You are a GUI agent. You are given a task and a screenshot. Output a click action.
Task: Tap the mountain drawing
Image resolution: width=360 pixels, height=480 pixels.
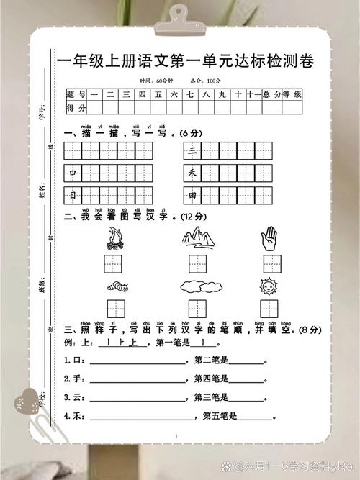pyautogui.click(x=195, y=235)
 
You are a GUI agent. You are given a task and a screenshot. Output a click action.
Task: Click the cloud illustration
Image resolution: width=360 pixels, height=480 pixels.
pyautogui.click(x=195, y=286)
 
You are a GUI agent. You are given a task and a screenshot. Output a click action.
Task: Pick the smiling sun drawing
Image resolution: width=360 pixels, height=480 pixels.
pyautogui.click(x=268, y=286)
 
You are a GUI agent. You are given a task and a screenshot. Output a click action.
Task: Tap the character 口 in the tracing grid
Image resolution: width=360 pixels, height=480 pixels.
pyautogui.click(x=73, y=173)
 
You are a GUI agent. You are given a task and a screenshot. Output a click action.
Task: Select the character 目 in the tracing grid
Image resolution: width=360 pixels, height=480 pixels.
pyautogui.click(x=73, y=196)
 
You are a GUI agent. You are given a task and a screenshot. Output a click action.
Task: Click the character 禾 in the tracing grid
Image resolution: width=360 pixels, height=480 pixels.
pyautogui.click(x=192, y=173)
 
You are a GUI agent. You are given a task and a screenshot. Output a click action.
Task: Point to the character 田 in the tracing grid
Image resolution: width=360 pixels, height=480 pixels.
pyautogui.click(x=192, y=196)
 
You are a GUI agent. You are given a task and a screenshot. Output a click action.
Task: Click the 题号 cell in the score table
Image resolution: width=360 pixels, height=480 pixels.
pyautogui.click(x=76, y=94)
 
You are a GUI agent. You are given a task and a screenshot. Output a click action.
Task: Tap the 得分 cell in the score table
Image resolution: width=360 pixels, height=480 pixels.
pyautogui.click(x=76, y=108)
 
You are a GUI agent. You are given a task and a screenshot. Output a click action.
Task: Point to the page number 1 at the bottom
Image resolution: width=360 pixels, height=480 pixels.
pyautogui.click(x=176, y=436)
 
